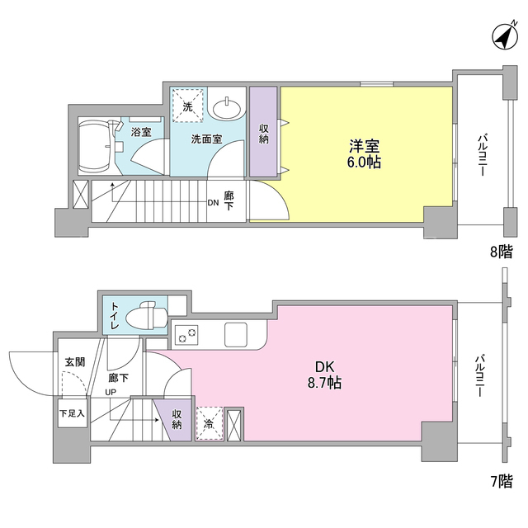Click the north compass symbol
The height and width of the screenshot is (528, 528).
click(x=504, y=36)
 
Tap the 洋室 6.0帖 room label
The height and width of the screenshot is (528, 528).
click(x=364, y=154)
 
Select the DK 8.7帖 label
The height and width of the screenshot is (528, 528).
click(x=324, y=375)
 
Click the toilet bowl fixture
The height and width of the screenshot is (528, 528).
click(x=147, y=316)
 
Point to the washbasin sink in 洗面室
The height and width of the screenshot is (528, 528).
click(x=228, y=107)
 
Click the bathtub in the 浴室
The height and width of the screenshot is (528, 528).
click(x=96, y=147)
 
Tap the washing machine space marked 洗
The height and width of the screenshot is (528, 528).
click(x=187, y=106)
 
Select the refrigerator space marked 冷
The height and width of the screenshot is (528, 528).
click(x=209, y=423)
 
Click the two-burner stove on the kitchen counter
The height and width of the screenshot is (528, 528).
click(x=186, y=334)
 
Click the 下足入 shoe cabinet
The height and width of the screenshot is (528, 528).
click(x=73, y=413)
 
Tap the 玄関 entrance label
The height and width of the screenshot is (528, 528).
click(x=75, y=362)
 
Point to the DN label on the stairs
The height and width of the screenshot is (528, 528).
click(x=213, y=203)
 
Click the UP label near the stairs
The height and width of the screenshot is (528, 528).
click(x=111, y=393)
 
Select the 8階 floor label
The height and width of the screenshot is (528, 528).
click(x=501, y=251)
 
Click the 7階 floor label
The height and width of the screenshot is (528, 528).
click(x=501, y=481)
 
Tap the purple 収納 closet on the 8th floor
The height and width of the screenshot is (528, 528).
click(x=263, y=132)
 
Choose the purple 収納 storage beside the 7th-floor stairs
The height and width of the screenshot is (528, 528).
click(x=175, y=420)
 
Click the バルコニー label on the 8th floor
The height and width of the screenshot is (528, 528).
click(x=482, y=155)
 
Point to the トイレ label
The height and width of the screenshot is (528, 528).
click(x=115, y=315)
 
